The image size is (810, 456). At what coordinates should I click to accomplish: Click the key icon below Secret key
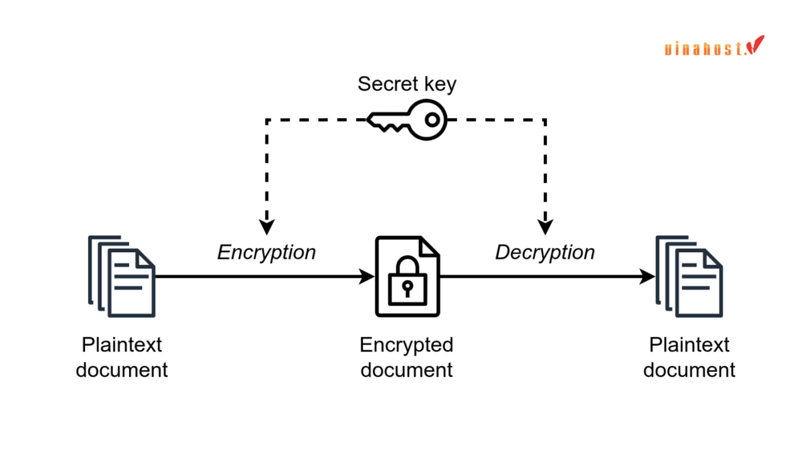pyautogui.click(x=408, y=120)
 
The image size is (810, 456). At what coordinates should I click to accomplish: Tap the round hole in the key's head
pyautogui.click(x=432, y=120)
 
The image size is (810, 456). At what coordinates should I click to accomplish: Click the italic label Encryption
pyautogui.click(x=267, y=252)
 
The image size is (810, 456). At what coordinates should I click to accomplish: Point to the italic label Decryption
pyautogui.click(x=545, y=252)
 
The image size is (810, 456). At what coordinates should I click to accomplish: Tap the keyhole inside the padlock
pyautogui.click(x=407, y=286)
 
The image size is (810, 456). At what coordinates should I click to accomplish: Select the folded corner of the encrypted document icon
pyautogui.click(x=429, y=246)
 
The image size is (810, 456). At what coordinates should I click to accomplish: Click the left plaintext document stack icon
pyautogui.click(x=122, y=277)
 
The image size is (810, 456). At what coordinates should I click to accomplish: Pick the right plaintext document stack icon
pyautogui.click(x=689, y=277)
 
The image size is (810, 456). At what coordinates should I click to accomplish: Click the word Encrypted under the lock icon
pyautogui.click(x=406, y=345)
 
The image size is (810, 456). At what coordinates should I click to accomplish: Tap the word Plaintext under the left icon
pyautogui.click(x=122, y=345)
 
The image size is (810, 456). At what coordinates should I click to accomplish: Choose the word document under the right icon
pyautogui.click(x=689, y=370)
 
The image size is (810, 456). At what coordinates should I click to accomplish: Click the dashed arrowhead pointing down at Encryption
pyautogui.click(x=266, y=227)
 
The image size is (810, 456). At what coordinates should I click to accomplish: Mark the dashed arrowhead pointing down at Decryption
pyautogui.click(x=545, y=227)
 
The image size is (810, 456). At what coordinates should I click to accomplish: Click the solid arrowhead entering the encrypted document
pyautogui.click(x=367, y=277)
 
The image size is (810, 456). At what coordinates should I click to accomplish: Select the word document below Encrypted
pyautogui.click(x=406, y=370)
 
